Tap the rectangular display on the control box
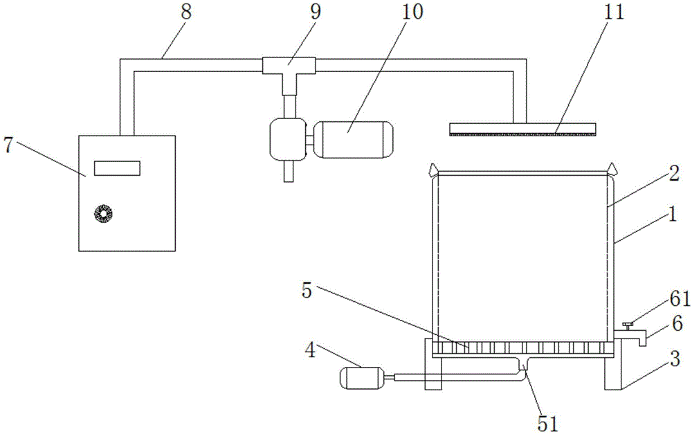pos(117,168)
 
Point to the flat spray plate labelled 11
pos(522,129)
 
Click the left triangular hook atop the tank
pos(432,168)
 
